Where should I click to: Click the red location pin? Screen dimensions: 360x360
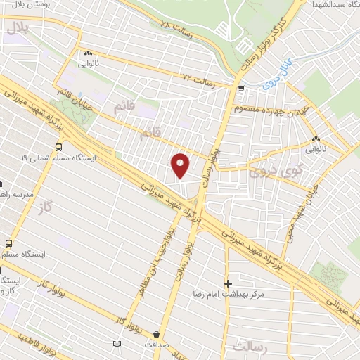pos(181,165)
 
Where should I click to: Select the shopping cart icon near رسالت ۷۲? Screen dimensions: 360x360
pos(241,89)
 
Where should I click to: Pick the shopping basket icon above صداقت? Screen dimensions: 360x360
pos(156,335)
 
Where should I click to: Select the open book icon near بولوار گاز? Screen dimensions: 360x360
pos(117,343)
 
